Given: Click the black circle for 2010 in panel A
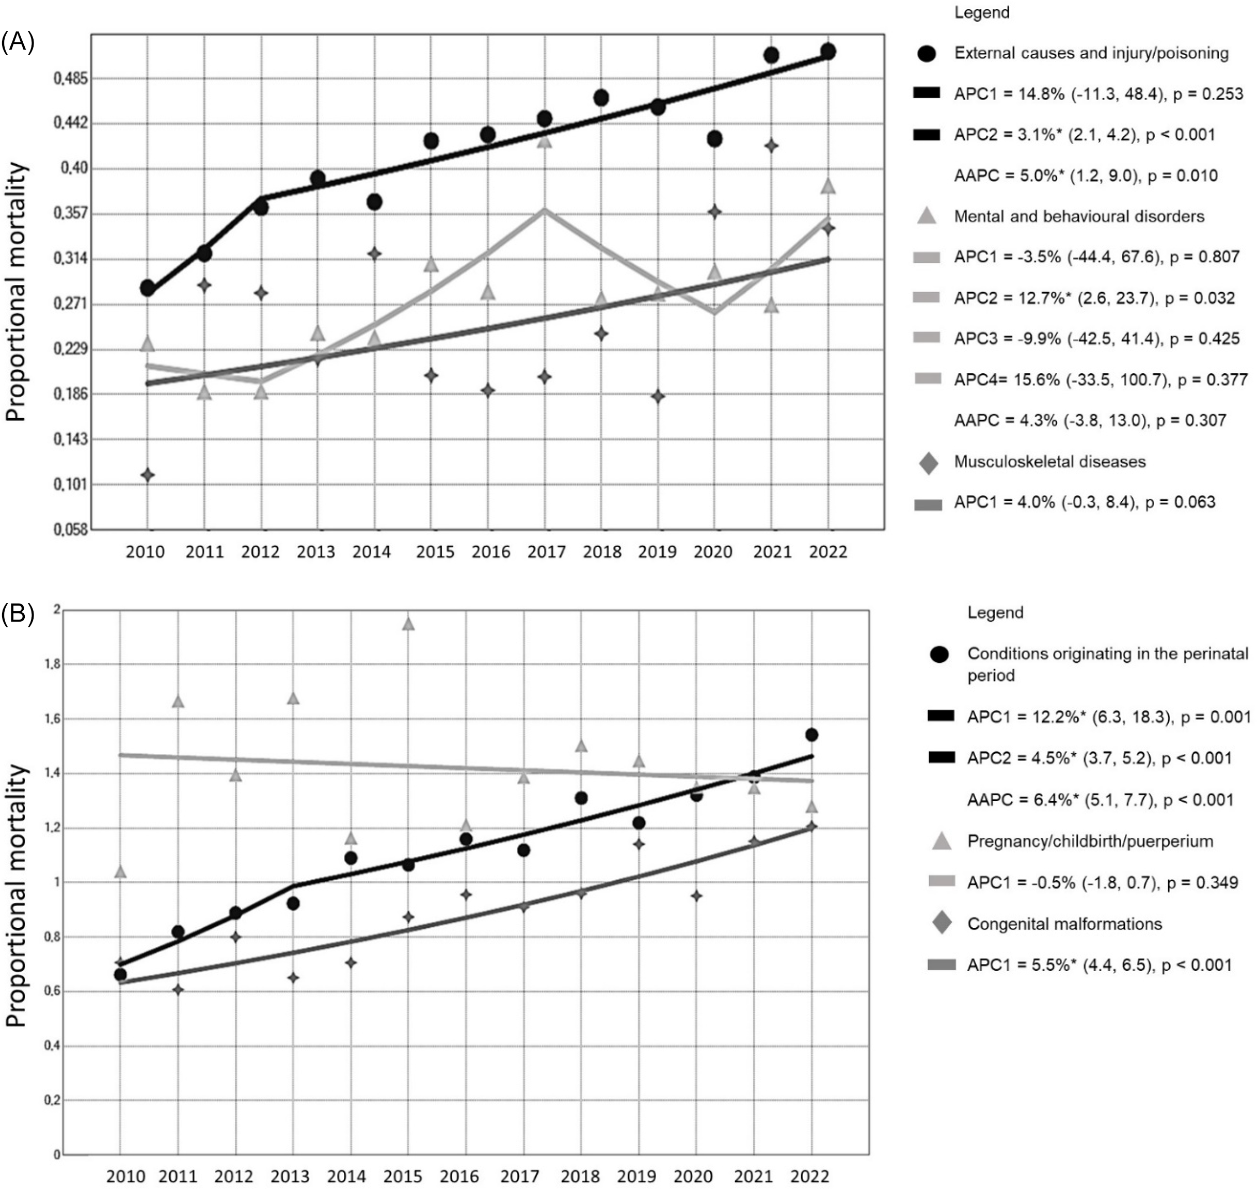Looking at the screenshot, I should [x=147, y=288].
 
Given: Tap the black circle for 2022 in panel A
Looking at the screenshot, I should [x=827, y=51].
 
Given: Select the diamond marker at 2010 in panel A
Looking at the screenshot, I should [x=147, y=474].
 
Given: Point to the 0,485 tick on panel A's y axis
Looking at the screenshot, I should [x=71, y=78].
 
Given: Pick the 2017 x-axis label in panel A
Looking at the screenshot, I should [x=546, y=552].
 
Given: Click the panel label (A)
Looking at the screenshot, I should [x=17, y=42].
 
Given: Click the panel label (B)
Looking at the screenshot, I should [x=17, y=613].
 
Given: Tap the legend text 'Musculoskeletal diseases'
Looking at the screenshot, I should [x=1049, y=462].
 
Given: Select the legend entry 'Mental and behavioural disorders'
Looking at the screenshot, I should [x=1079, y=216].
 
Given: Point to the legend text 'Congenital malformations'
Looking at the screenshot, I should [x=1064, y=924].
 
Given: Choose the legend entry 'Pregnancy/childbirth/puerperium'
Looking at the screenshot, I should [x=1089, y=841].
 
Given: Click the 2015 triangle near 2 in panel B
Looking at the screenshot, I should [x=408, y=624].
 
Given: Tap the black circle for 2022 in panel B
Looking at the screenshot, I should [x=811, y=735].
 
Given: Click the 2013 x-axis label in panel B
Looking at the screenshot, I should [x=290, y=1177].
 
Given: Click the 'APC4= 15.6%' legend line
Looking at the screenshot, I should [x=1100, y=379].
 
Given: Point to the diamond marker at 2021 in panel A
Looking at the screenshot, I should [x=771, y=146].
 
